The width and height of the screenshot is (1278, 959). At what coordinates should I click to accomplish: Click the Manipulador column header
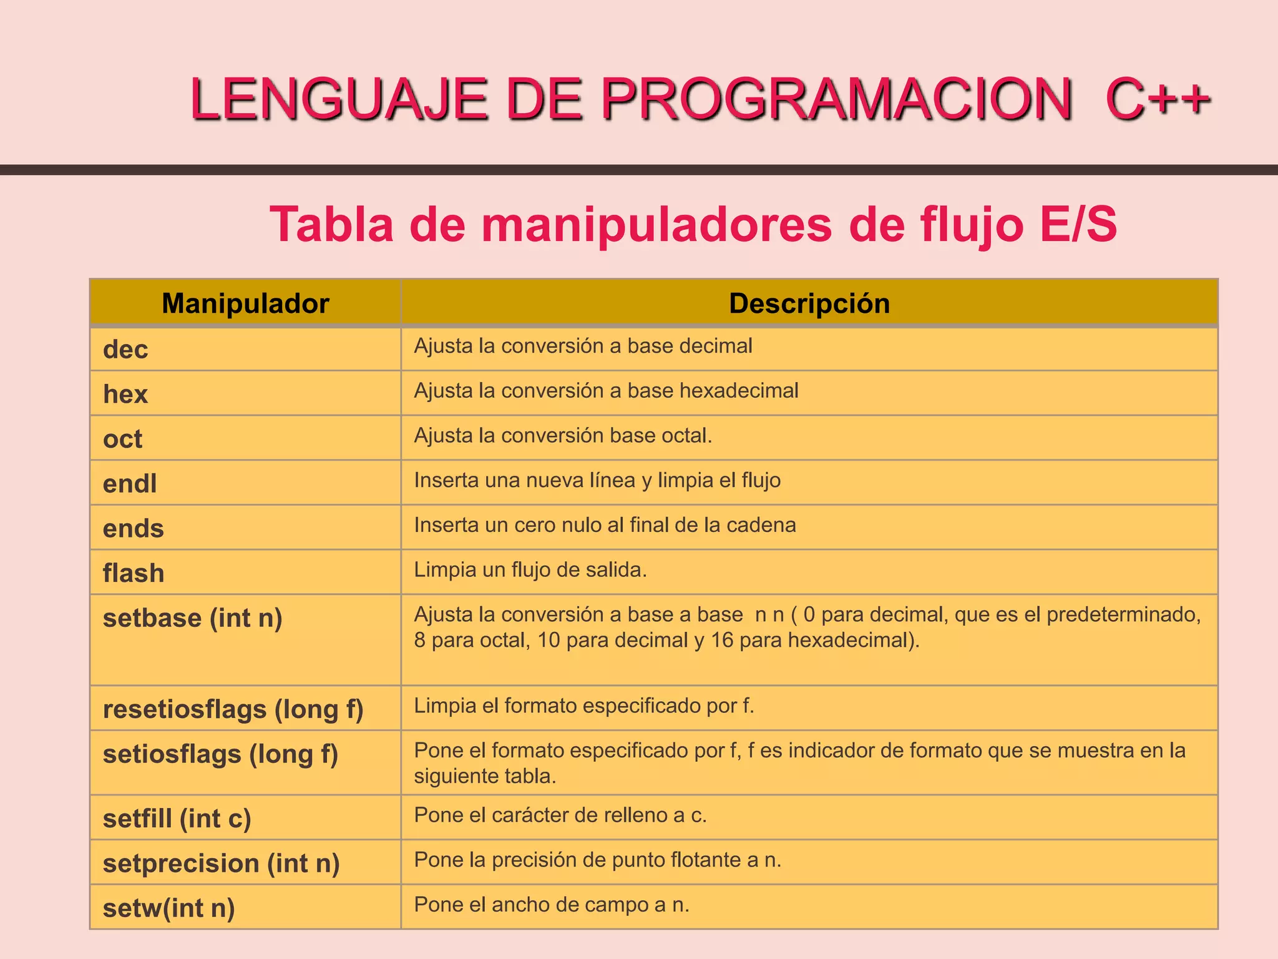(245, 303)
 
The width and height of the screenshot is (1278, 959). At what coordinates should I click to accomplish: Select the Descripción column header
(809, 303)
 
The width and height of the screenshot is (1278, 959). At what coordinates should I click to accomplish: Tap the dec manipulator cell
(125, 350)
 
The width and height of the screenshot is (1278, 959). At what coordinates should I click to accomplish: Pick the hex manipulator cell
(125, 395)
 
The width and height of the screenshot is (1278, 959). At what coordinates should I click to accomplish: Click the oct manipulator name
(122, 439)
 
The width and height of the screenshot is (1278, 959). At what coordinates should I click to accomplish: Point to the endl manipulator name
(130, 484)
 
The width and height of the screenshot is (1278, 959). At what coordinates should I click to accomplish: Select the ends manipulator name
(133, 529)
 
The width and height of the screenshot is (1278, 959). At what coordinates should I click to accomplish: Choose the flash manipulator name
(134, 573)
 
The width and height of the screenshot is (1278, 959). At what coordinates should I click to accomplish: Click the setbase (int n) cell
(192, 618)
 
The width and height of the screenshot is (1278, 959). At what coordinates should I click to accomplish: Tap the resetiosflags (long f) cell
(233, 709)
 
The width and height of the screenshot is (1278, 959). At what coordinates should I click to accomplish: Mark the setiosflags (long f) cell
(220, 754)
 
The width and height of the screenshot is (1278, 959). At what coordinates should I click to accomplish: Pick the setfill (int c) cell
(177, 819)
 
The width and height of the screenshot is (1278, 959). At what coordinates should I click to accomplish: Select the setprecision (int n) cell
(221, 863)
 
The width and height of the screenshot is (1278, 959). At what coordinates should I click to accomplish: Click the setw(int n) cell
(168, 908)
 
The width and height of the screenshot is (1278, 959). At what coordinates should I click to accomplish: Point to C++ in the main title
(1158, 99)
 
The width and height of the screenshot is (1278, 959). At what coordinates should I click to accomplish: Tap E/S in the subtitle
(1078, 224)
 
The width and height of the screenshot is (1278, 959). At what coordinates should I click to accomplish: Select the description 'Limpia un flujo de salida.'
(530, 570)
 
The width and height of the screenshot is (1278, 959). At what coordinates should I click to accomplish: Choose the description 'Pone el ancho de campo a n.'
(552, 905)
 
